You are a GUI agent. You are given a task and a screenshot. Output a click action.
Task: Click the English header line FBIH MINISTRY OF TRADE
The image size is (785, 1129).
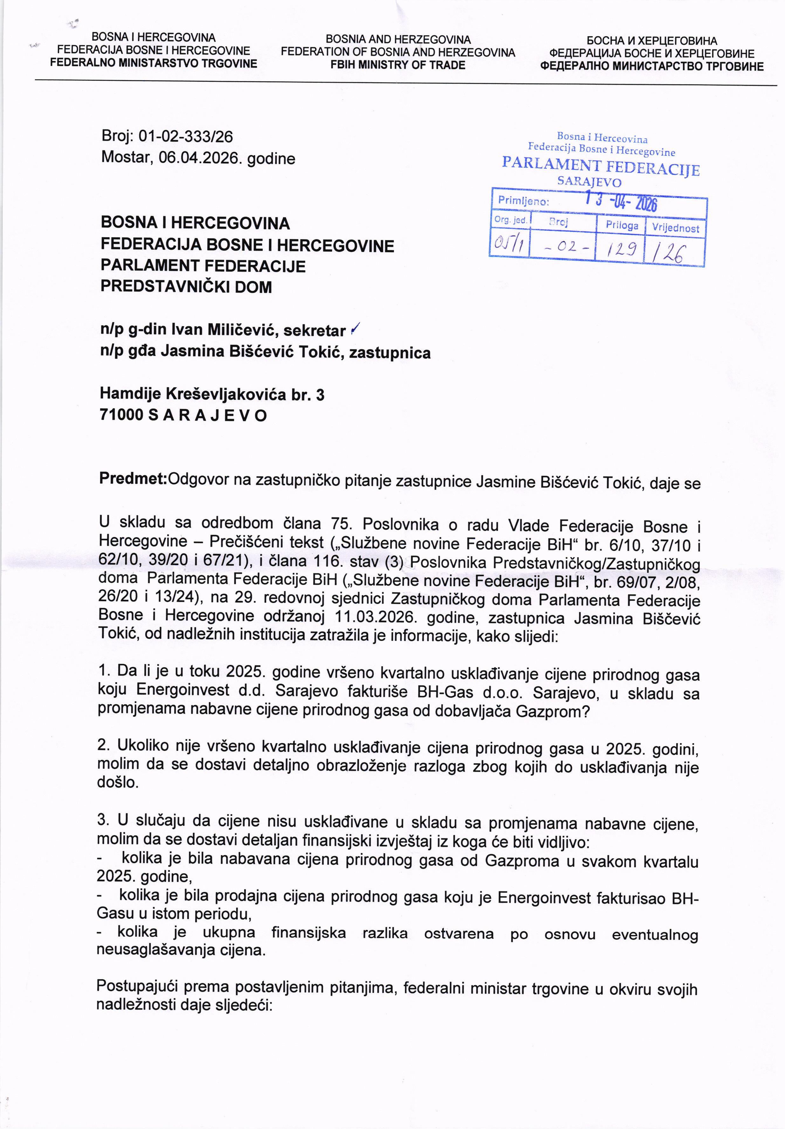tap(398, 65)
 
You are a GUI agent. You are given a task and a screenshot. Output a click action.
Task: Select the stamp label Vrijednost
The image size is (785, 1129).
tap(675, 228)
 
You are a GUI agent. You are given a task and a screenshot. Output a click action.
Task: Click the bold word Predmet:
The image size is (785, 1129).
tap(133, 478)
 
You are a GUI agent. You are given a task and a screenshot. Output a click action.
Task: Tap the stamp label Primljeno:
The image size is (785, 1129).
tap(523, 201)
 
